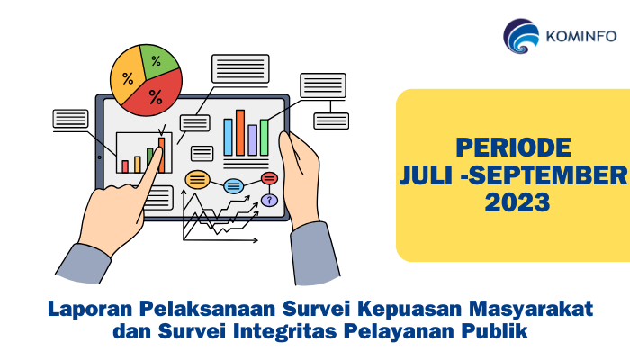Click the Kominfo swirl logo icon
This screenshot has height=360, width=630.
point(521,36)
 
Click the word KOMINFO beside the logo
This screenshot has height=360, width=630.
point(581,37)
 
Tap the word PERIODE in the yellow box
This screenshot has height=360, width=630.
point(513,148)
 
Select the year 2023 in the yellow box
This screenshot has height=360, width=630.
point(517,202)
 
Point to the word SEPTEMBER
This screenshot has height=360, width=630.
point(547,175)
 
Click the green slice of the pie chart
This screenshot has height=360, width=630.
point(158,61)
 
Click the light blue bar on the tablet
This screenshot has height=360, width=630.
point(229,137)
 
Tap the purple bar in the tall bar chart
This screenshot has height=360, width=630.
point(252,139)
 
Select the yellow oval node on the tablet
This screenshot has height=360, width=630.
point(197,180)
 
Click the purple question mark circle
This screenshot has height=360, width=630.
point(269,200)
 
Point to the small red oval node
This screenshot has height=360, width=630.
point(269,178)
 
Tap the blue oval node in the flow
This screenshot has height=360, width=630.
point(233,186)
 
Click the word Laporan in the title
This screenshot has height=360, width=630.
point(90,310)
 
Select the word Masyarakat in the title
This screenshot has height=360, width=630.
point(531,310)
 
